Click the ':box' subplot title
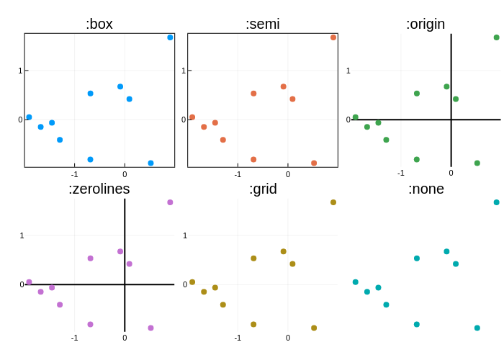99,24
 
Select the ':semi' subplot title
263,24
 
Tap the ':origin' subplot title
426,24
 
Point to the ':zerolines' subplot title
99,189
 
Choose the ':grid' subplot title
263,189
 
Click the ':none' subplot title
426,189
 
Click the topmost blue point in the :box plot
171,37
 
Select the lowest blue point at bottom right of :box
150,163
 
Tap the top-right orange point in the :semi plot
333,37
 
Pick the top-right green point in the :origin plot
497,37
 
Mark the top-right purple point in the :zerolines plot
171,202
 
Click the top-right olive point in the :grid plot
333,202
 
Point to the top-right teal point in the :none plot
497,202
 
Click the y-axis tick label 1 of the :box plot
20,71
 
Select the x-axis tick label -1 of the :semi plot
238,174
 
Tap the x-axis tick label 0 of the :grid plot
288,338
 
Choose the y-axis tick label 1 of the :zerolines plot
22,235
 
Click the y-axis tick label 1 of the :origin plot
348,71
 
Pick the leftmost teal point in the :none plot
356,282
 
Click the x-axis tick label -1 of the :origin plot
401,173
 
